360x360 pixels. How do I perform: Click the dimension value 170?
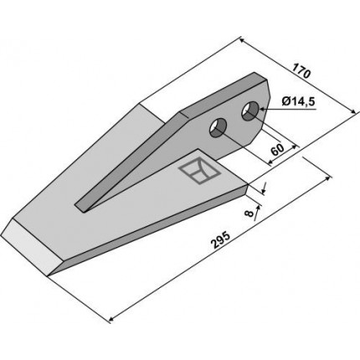click(x=301, y=71)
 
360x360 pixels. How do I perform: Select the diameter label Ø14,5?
click(x=298, y=101)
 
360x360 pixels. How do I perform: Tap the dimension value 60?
click(x=277, y=150)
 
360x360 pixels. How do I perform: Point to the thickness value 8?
click(x=249, y=213)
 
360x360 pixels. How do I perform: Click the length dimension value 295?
click(x=221, y=239)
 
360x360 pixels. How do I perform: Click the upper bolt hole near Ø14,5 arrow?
click(x=250, y=111)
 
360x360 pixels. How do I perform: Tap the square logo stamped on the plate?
click(x=200, y=171)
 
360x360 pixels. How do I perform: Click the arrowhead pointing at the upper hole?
click(x=263, y=110)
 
